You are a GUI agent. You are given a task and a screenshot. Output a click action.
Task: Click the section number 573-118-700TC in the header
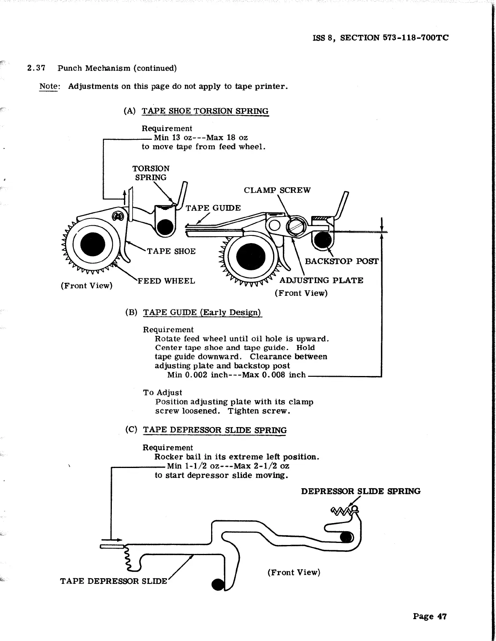click(415, 38)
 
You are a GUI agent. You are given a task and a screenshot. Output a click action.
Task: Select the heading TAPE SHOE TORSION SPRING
click(205, 111)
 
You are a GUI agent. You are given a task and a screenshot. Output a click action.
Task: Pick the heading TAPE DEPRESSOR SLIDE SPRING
click(214, 430)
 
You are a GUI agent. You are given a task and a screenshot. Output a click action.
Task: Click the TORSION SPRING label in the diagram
click(151, 173)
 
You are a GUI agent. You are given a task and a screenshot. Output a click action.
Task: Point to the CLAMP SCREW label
click(277, 190)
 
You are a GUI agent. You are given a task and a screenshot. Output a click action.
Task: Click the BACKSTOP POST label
click(341, 261)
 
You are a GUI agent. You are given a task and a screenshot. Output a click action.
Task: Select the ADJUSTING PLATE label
click(321, 280)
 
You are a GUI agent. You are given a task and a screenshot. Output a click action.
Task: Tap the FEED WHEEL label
click(166, 281)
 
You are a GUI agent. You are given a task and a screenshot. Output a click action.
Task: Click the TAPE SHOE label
click(171, 251)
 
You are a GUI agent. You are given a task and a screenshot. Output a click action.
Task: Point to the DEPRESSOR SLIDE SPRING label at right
click(360, 491)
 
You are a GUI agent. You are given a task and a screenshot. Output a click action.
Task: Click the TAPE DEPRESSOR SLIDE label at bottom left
click(113, 581)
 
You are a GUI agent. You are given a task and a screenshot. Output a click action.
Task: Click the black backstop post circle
click(323, 240)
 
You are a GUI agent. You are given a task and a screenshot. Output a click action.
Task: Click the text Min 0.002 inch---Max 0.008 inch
click(236, 375)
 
